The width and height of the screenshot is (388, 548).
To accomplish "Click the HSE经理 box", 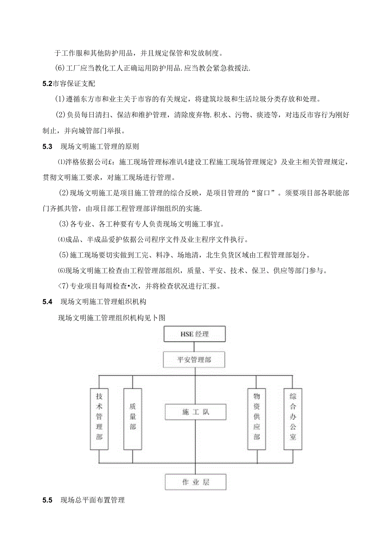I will (x=194, y=334).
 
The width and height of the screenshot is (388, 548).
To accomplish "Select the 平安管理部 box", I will (x=194, y=360).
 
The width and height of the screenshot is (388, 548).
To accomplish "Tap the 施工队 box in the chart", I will (x=195, y=412).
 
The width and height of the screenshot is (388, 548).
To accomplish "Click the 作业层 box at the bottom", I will (x=195, y=482).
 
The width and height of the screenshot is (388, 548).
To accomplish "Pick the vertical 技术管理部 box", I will (x=99, y=418).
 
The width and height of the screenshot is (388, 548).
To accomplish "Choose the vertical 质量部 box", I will (x=132, y=418).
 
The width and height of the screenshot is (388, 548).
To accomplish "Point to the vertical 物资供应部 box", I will (x=256, y=418).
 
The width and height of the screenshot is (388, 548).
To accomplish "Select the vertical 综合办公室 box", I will (x=293, y=418).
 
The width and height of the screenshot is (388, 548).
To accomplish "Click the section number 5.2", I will (x=47, y=84).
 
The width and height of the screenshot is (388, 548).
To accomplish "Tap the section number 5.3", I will (x=47, y=147).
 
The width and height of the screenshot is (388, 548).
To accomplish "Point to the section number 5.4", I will (x=47, y=301).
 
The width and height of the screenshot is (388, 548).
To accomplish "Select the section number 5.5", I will (x=47, y=500).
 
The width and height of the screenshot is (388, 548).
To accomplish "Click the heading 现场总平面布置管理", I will (x=93, y=500).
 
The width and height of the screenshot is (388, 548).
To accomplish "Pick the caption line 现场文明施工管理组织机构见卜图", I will (x=111, y=318).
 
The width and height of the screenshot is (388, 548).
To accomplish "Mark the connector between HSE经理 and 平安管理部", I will (x=194, y=347).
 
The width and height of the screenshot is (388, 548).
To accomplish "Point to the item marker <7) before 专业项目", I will (x=62, y=286).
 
